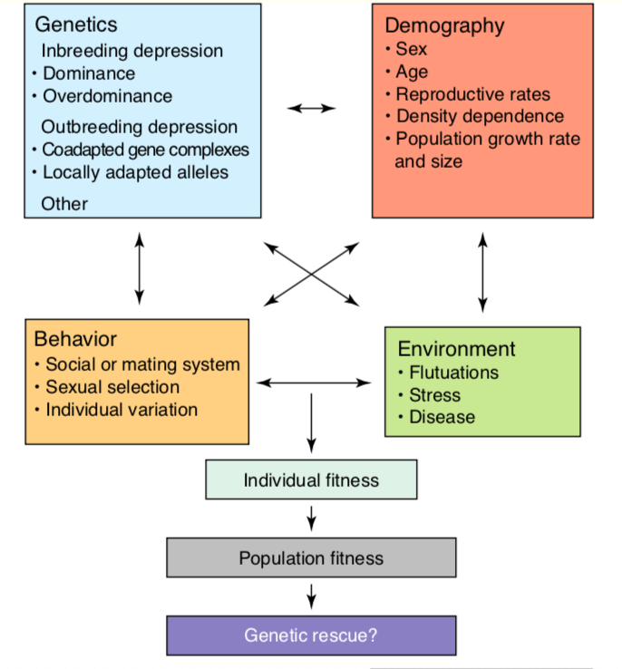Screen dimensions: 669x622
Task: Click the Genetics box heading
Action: point(77,25)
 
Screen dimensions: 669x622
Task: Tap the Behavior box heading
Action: point(75,340)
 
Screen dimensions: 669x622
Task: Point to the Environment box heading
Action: point(456,349)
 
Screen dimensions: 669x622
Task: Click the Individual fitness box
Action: point(311,480)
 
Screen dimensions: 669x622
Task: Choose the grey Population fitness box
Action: point(311,557)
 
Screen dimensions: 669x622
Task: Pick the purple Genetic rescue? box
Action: point(311,635)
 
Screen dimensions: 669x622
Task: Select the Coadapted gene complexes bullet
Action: point(145,150)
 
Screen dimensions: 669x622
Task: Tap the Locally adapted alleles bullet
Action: point(135,172)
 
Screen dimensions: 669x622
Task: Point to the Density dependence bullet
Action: point(480,116)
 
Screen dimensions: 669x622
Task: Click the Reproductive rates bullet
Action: point(472,94)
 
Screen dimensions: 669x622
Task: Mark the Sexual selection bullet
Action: point(112,387)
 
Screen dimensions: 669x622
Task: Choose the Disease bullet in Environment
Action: point(442,417)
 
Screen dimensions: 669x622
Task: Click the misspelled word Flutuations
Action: point(453,373)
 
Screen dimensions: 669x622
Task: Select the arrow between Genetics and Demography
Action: point(311,109)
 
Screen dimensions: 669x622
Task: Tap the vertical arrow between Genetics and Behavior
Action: point(139,267)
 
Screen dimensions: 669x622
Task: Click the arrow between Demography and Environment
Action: point(482,271)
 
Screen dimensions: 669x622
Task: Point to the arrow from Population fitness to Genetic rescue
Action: point(311,596)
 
